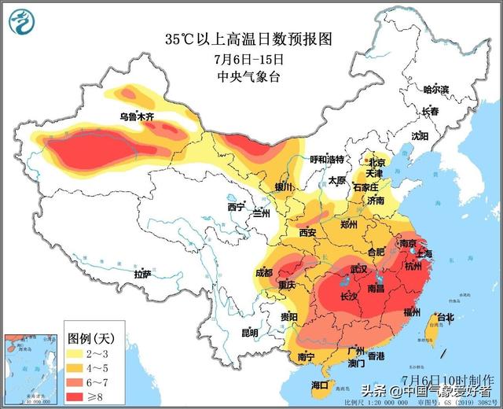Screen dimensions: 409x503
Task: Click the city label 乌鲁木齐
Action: (137, 116)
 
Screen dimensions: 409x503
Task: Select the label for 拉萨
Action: (142, 274)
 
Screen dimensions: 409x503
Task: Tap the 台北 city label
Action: (445, 317)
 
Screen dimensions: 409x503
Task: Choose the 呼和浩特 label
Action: (327, 159)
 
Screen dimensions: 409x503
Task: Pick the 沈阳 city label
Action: (420, 136)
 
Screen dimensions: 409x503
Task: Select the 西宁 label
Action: (236, 207)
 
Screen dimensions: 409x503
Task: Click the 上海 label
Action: (424, 254)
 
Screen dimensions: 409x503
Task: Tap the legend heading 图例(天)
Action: (91, 337)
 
